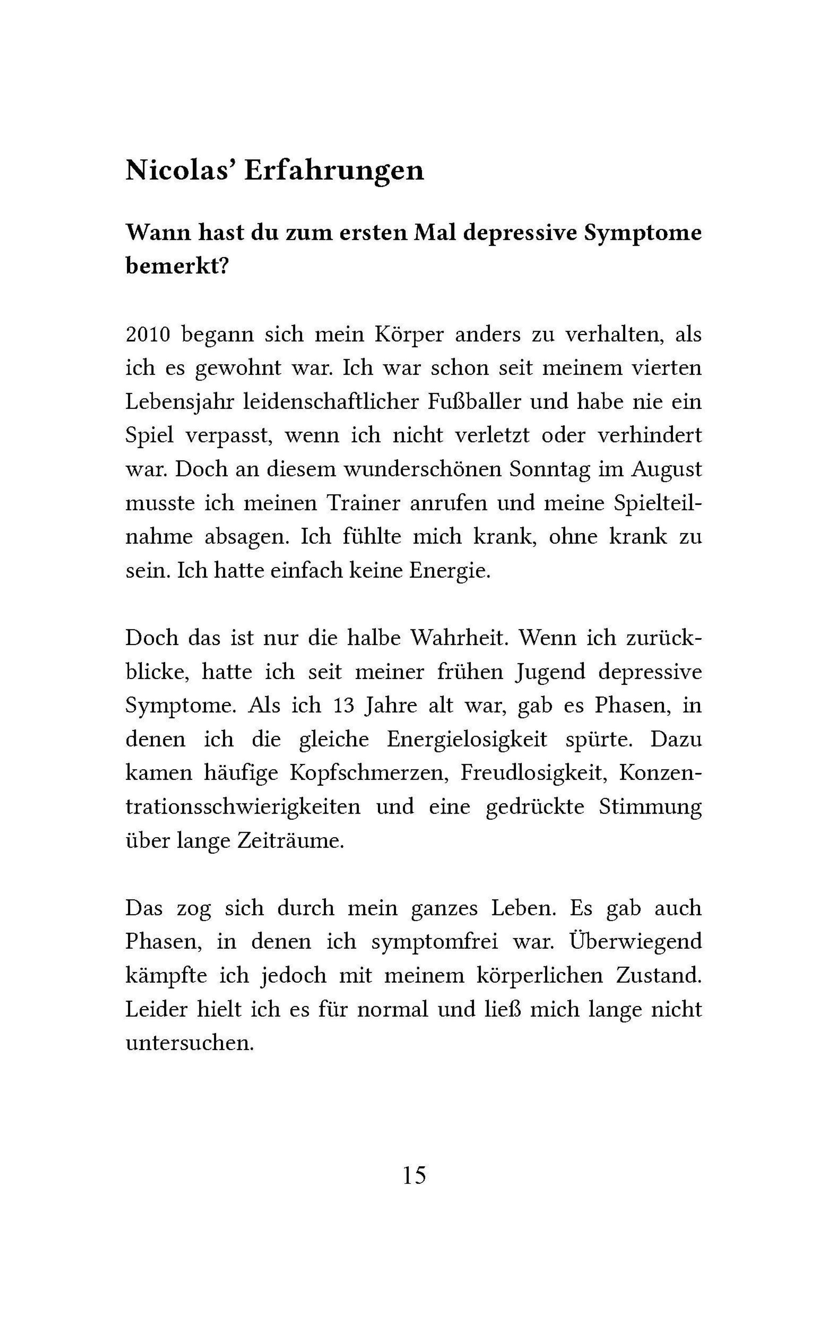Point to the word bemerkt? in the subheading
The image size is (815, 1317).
177,266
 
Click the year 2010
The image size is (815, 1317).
148,335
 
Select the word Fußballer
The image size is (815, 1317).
475,402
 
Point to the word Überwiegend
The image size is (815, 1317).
635,942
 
